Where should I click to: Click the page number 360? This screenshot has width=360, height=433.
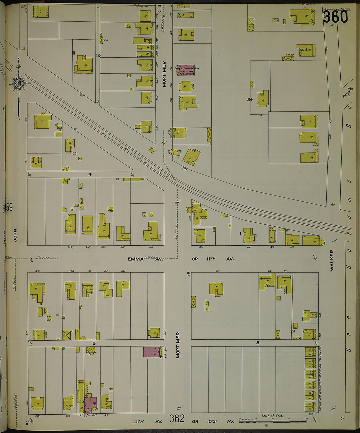(335, 16)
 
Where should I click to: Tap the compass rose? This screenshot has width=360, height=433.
(19, 84)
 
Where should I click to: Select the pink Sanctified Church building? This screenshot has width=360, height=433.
(186, 70)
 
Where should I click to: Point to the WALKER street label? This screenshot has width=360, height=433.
(332, 260)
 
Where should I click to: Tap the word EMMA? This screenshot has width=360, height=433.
(136, 259)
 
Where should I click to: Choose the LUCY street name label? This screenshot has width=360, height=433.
(137, 422)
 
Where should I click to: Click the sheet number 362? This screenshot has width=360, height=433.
(177, 419)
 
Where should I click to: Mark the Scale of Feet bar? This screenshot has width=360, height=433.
(272, 421)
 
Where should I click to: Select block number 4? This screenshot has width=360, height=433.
(90, 175)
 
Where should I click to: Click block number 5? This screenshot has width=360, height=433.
(94, 343)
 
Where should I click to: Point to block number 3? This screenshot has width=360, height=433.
(258, 343)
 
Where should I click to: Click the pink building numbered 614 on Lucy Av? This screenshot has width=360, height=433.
(91, 405)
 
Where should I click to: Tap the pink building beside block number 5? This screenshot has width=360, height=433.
(151, 352)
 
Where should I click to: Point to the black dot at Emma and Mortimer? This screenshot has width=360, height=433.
(188, 273)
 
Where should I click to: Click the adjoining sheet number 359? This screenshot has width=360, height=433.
(8, 208)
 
